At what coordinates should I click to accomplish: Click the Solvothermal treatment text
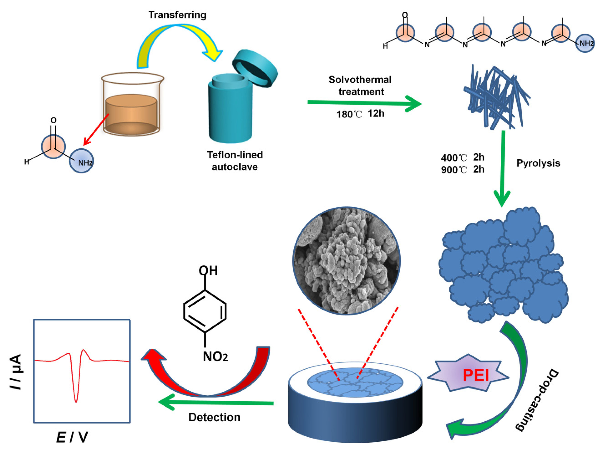[x=360, y=85]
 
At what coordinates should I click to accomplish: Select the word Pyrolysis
[x=538, y=163]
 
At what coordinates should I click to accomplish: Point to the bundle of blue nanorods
[x=495, y=97]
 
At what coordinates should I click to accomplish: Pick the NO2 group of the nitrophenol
[x=215, y=356]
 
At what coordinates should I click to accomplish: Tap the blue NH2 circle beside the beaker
[x=81, y=161]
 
